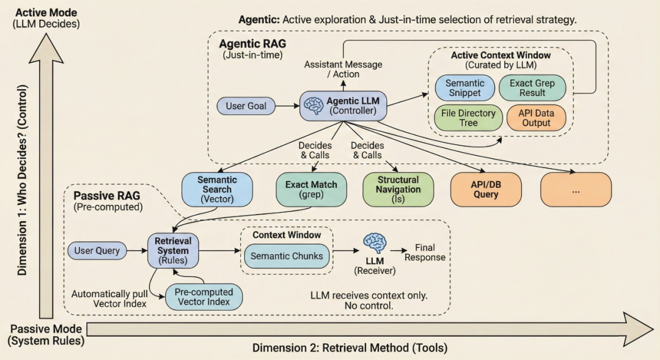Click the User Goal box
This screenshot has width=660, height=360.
(x=246, y=106)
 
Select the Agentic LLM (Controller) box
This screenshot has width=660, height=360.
(x=343, y=106)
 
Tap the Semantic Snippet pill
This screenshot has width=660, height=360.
(x=464, y=88)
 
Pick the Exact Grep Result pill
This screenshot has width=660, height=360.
(x=532, y=88)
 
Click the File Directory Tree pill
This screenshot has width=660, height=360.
(x=468, y=118)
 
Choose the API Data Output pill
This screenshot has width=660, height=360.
(x=536, y=118)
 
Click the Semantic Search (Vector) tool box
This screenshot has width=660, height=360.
(x=217, y=189)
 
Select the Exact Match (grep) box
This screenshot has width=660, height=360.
(x=312, y=189)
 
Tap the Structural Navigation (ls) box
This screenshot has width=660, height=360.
(x=398, y=189)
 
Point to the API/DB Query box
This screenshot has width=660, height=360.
(x=486, y=189)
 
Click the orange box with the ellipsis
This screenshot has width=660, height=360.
(x=576, y=189)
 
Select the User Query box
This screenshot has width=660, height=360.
(x=97, y=251)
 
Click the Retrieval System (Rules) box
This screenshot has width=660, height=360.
(x=173, y=251)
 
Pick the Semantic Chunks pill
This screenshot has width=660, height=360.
(x=287, y=256)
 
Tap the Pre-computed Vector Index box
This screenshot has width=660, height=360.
(x=204, y=297)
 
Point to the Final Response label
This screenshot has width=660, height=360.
(x=425, y=252)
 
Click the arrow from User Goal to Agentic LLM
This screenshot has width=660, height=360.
(x=287, y=106)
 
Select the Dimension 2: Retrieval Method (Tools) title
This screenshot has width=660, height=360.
(x=350, y=348)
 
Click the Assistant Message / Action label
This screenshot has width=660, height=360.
(x=343, y=70)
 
